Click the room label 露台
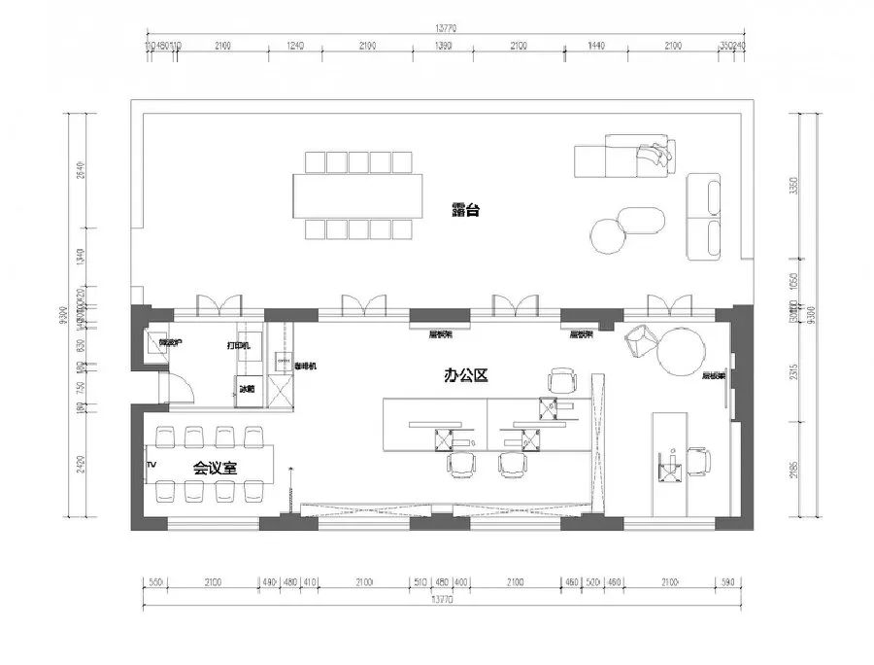click(x=467, y=209)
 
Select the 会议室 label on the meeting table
click(x=214, y=467)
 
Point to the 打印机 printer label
click(x=239, y=344)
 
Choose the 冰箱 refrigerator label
click(x=248, y=388)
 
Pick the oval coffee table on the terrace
click(x=642, y=222)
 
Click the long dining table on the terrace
click(x=359, y=195)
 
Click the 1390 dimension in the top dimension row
click(x=445, y=46)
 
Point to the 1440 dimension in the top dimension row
click(x=595, y=46)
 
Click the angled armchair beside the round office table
click(x=640, y=340)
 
